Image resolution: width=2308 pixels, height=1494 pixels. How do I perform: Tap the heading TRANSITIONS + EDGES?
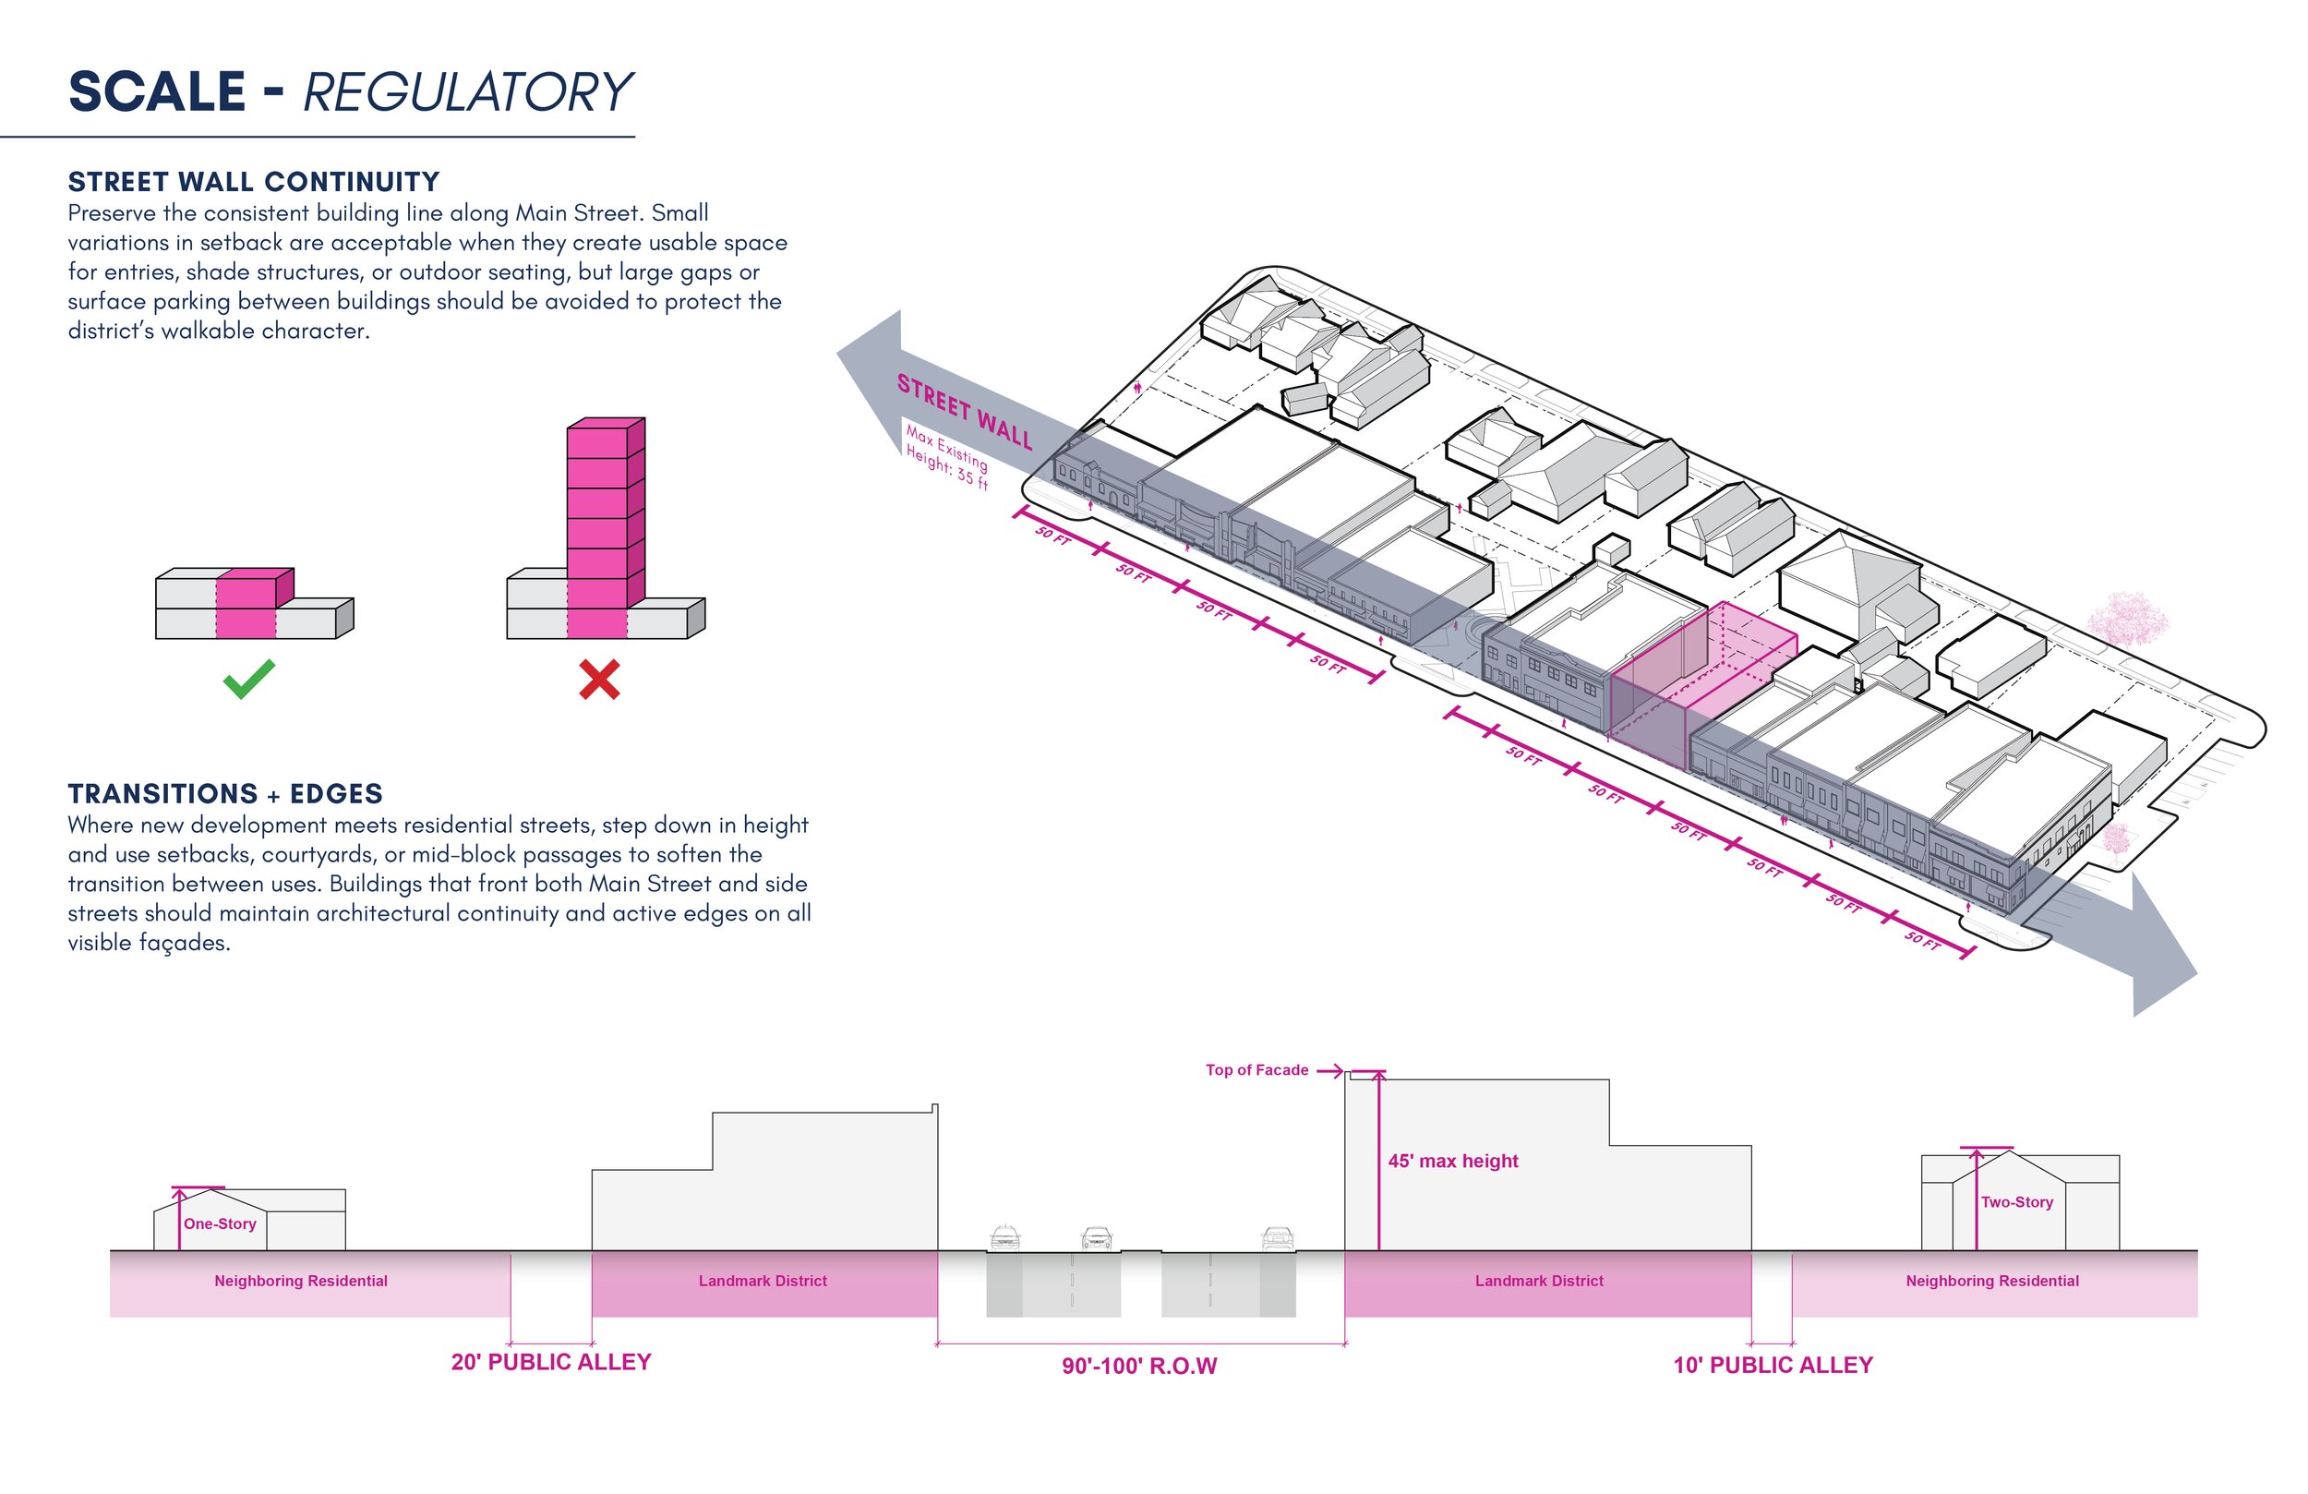pos(225,793)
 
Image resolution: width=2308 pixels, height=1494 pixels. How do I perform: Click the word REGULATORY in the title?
pos(467,92)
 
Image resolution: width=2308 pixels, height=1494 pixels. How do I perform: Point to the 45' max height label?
pos(1453,1162)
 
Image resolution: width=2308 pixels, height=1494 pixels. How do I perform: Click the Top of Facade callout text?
pos(1256,1070)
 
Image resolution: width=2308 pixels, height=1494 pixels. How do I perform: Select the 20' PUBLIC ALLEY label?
pos(551,1362)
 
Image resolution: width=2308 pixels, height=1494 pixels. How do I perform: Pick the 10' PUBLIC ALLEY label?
pos(1773,1365)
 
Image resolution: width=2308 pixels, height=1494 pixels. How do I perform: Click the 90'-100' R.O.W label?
pos(1139,1366)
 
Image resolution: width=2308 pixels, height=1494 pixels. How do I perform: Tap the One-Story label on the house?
pos(220,1224)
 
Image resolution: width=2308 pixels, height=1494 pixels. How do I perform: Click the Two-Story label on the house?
pos(2017,1202)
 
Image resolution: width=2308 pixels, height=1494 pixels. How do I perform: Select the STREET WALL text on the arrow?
pos(965,411)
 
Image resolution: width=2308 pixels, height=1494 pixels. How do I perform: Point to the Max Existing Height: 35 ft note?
pos(946,456)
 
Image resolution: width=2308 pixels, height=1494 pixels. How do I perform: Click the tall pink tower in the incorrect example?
pos(605,528)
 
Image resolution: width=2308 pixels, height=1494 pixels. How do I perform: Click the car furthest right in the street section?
pos(1277,1239)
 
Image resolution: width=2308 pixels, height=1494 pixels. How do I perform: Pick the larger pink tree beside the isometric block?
pos(2128,619)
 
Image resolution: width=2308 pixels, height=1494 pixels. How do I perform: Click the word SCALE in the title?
pos(157,92)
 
